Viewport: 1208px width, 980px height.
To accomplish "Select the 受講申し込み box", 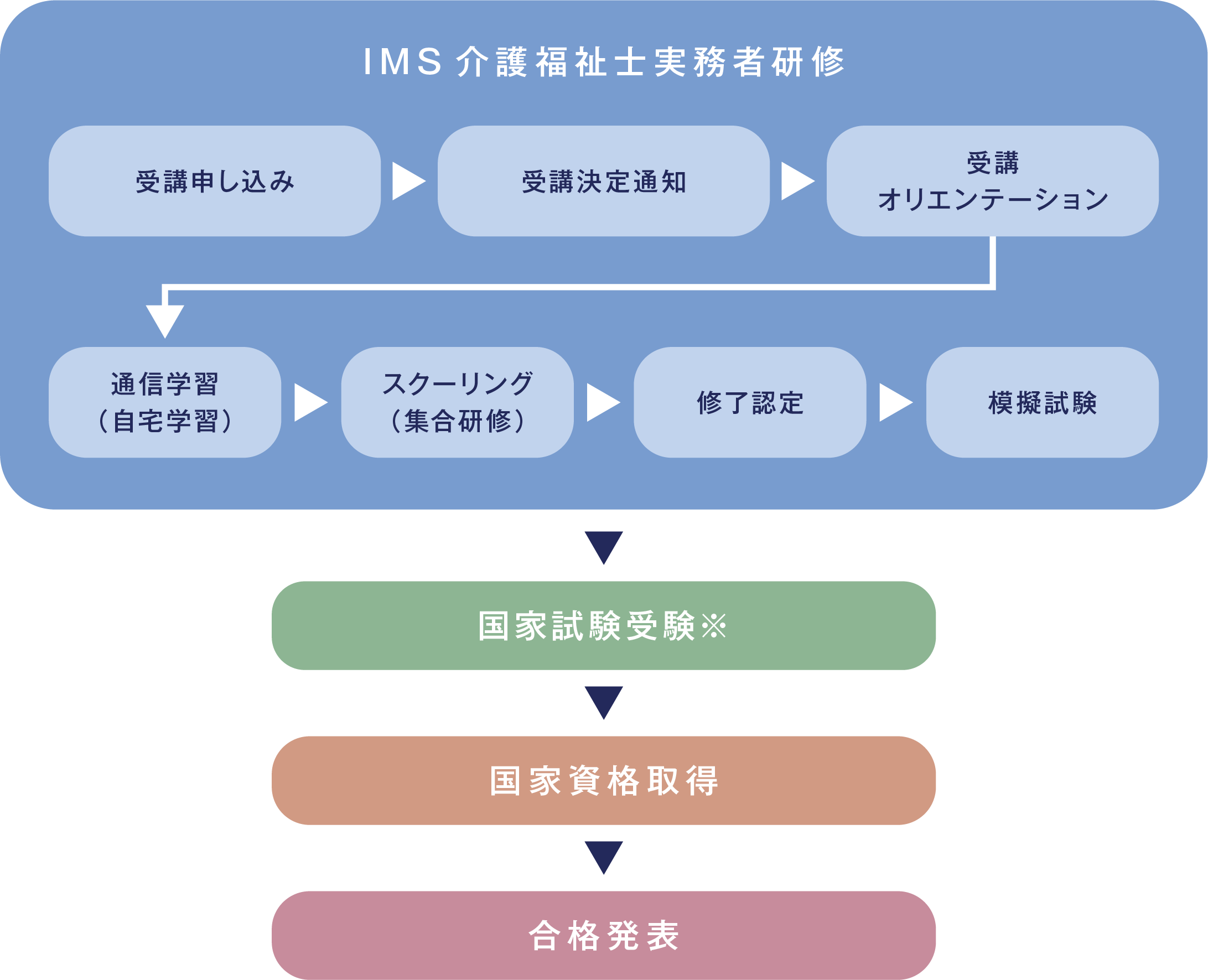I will tap(215, 181).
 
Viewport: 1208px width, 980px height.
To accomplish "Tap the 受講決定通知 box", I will tap(603, 181).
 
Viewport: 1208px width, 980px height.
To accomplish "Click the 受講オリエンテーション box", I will tap(992, 181).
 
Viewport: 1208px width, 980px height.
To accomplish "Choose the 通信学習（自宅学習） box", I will tap(165, 402).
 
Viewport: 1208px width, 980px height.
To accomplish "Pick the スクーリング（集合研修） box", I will tap(457, 402).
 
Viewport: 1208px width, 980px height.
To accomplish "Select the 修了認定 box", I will tap(750, 402).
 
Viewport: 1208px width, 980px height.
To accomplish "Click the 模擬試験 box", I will tap(1042, 402).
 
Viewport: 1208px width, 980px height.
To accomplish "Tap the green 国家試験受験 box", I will tap(603, 625).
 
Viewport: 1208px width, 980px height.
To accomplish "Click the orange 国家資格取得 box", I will tap(603, 781).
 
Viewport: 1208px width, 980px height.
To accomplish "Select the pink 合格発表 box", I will tap(603, 935).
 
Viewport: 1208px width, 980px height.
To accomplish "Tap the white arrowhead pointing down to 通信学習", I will tap(165, 319).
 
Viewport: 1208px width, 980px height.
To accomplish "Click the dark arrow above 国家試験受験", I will tap(603, 545).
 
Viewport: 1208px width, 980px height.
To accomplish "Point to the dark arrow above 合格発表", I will tap(603, 856).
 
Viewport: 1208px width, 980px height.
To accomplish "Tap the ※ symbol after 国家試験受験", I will tap(713, 626).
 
